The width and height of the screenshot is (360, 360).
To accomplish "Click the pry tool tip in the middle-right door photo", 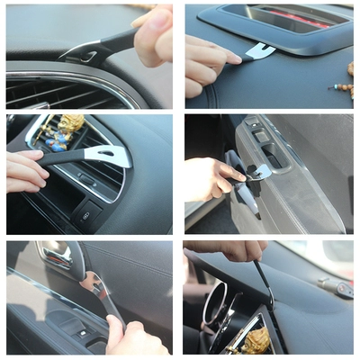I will click(x=261, y=171).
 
